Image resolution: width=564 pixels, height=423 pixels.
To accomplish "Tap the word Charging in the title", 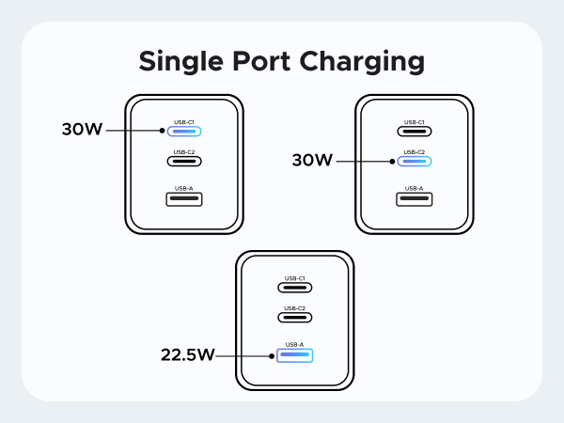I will tap(360, 62).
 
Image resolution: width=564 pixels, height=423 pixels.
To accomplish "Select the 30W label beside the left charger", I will tap(82, 131).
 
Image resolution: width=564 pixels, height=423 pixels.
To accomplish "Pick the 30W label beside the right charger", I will tap(312, 161).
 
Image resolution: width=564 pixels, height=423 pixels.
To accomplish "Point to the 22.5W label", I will tap(187, 355).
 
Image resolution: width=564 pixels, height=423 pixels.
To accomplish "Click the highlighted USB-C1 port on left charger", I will tap(184, 131).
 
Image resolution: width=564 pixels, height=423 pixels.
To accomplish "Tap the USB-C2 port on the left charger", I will tap(184, 160).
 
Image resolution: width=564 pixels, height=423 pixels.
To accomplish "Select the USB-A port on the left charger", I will tap(184, 198).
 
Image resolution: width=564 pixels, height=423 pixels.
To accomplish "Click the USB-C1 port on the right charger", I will tap(415, 131).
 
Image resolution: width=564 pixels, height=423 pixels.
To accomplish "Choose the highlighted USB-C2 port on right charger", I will tap(415, 161).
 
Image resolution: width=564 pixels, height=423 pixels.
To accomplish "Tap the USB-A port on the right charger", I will tap(415, 198).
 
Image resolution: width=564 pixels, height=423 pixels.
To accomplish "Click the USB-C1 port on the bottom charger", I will tap(294, 287).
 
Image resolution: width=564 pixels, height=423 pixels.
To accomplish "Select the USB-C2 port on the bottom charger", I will tap(294, 317).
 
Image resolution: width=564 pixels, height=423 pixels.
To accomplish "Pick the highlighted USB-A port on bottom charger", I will tap(294, 355).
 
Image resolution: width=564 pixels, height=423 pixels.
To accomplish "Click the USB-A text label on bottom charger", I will tap(294, 345).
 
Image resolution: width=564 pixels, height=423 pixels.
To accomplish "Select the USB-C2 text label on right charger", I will tap(415, 151).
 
